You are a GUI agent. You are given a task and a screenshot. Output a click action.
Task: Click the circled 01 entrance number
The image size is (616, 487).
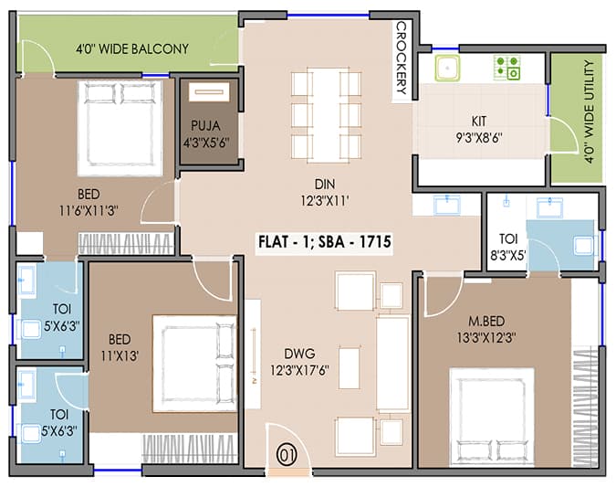(287, 455)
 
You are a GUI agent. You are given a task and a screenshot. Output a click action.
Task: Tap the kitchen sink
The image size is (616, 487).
(447, 69)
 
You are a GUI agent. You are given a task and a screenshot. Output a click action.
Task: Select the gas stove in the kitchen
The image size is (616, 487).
(507, 68)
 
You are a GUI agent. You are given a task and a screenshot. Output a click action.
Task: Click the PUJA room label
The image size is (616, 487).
(205, 126)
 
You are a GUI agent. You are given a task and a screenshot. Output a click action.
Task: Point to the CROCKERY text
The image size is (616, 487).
(402, 58)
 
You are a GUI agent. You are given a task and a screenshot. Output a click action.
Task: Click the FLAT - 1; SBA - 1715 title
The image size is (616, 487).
(325, 241)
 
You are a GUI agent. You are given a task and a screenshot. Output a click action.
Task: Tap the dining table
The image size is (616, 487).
(326, 116)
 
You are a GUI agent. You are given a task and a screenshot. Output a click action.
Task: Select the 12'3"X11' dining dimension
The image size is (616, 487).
(325, 201)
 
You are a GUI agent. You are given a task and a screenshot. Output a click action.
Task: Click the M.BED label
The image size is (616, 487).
(486, 321)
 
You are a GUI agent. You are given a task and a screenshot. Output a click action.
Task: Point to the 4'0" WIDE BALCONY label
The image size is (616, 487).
(132, 48)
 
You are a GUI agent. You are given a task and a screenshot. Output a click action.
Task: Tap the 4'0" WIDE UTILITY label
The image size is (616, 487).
(589, 111)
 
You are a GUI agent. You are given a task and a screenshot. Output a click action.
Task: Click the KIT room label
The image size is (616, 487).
(479, 121)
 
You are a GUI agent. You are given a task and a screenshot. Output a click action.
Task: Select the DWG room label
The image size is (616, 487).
(299, 354)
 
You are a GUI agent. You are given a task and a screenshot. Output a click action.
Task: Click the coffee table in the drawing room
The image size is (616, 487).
(350, 368)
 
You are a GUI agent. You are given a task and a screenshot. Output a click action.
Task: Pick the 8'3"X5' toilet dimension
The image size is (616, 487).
(508, 256)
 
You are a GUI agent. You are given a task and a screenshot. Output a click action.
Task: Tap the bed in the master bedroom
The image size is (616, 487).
(492, 417)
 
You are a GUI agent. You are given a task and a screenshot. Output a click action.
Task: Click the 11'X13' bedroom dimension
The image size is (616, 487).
(120, 356)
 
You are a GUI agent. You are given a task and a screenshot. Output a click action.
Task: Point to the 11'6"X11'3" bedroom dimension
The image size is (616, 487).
(89, 211)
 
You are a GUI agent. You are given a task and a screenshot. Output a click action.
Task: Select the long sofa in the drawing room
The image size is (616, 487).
(392, 363)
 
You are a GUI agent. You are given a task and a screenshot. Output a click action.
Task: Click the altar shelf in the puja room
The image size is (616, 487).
(209, 91)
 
